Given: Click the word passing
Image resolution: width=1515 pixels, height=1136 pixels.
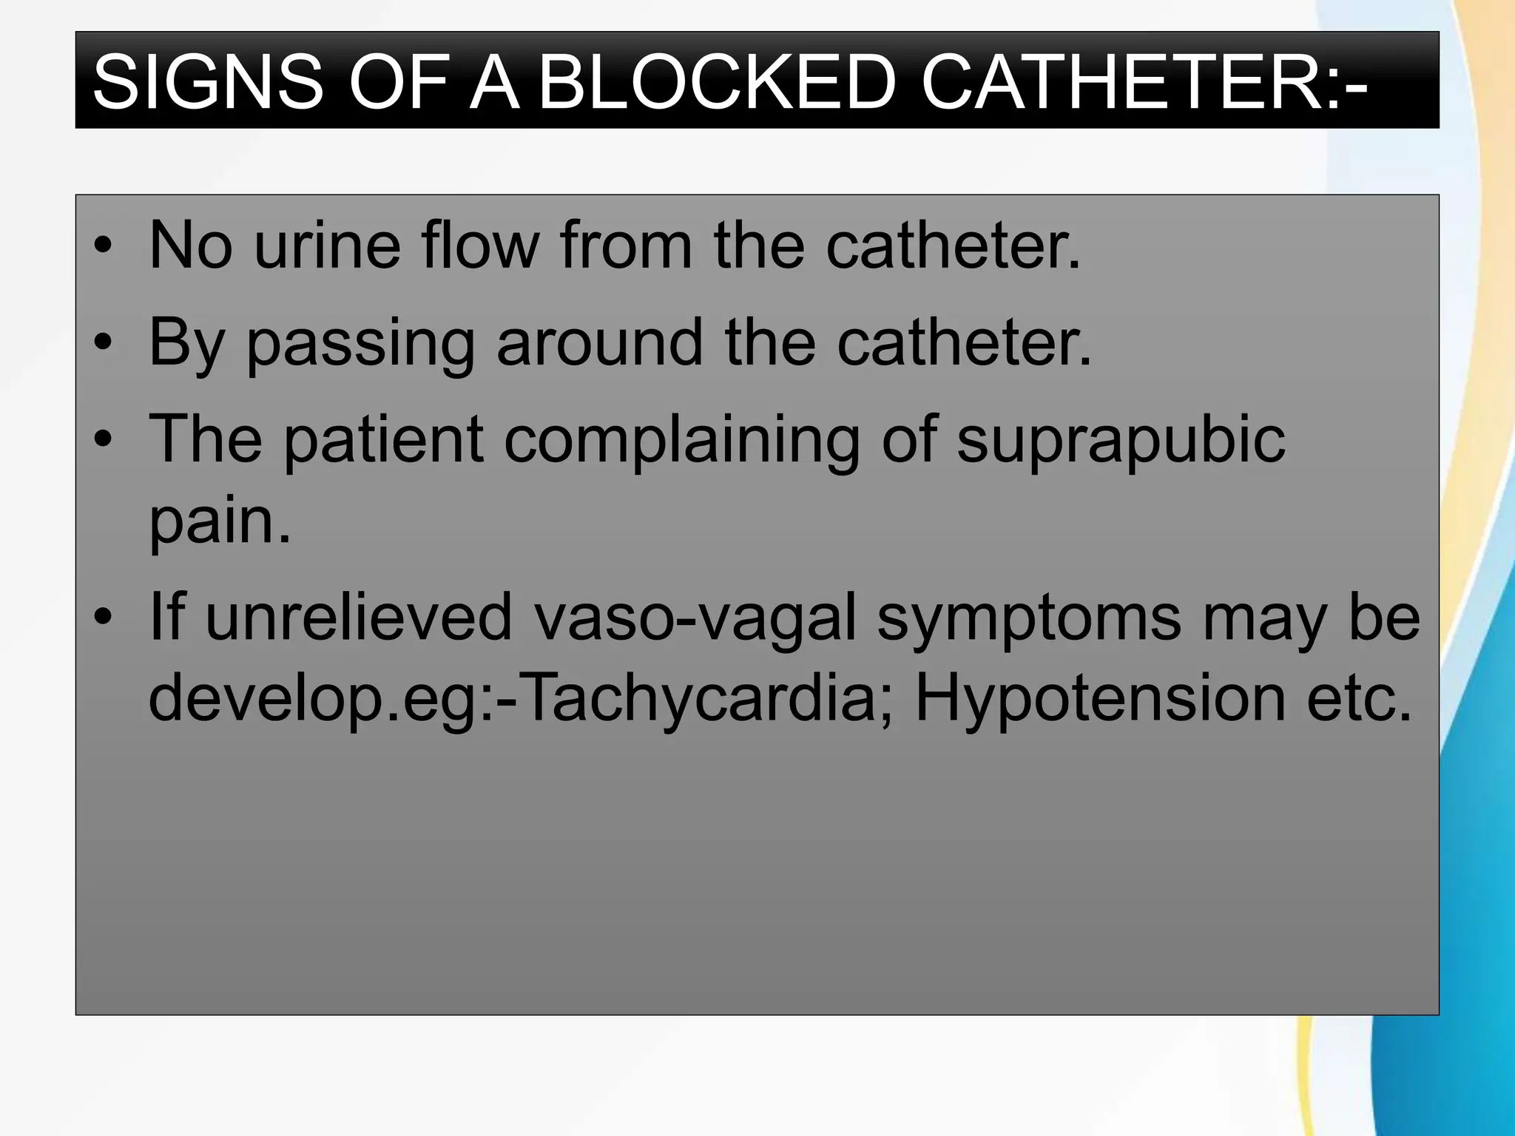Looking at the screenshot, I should tap(360, 344).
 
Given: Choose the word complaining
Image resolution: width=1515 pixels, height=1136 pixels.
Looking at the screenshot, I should tap(682, 441).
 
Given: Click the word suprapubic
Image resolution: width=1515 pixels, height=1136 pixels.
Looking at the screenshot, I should tap(1121, 441).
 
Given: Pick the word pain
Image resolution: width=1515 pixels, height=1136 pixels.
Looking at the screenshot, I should tap(220, 521).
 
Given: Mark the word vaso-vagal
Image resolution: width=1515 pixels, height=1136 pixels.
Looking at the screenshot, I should tap(695, 618).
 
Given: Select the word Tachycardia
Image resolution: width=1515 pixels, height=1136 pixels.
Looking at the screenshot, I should tap(699, 699).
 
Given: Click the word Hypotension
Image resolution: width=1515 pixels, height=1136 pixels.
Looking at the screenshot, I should tap(1100, 699).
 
